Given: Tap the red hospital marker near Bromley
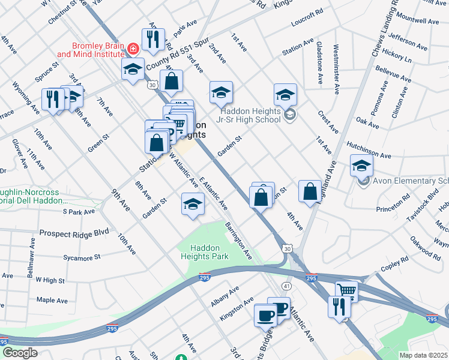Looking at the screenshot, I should [x=133, y=47].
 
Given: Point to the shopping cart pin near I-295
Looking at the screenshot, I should [x=347, y=292].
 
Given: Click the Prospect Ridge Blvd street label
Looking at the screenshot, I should [x=74, y=232].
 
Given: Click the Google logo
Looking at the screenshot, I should [x=19, y=353].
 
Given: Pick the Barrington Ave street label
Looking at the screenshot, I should [x=239, y=241].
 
